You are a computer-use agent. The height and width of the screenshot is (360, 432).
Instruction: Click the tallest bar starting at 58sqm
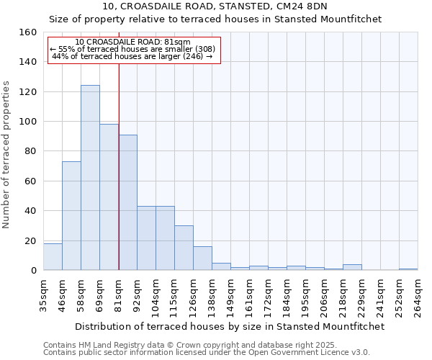point(90,178)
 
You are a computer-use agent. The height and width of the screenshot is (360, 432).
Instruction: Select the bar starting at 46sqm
point(71,216)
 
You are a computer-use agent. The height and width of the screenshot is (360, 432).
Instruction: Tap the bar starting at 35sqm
point(53,257)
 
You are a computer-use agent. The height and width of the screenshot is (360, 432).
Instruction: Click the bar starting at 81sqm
point(128,202)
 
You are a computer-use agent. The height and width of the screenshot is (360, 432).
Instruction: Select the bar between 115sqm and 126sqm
point(184,248)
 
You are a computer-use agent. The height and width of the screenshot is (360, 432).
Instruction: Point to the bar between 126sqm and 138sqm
point(202,258)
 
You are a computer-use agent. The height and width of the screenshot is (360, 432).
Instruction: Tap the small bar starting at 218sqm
point(352,267)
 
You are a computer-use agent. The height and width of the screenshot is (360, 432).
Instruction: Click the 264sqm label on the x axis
point(418,293)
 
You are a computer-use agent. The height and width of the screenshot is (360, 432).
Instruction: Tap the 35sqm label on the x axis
point(44,293)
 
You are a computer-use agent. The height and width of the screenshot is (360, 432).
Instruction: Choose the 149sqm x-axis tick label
point(230,294)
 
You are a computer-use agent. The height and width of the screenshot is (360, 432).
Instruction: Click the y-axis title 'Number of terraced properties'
point(6,155)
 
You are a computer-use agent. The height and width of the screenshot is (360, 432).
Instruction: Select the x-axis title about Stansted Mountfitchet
point(230,326)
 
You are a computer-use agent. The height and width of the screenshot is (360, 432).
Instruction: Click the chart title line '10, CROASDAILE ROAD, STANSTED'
point(215,6)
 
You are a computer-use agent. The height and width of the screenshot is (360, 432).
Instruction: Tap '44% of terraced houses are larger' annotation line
point(132,56)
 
